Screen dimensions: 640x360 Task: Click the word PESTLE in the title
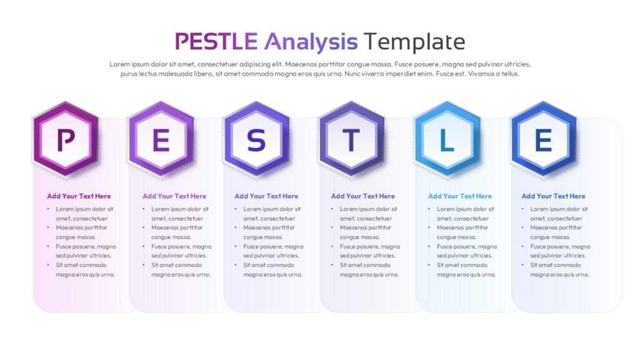(x=216, y=41)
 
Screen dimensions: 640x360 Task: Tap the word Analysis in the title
(x=311, y=42)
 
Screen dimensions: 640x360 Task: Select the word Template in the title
(x=414, y=42)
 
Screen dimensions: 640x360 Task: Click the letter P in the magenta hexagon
(x=66, y=140)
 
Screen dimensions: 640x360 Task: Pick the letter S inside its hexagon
(x=256, y=140)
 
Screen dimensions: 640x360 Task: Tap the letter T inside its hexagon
(x=351, y=140)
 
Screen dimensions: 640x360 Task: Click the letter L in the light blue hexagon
(x=447, y=140)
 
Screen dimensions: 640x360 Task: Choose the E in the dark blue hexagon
(x=543, y=140)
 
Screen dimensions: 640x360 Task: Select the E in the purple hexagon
(x=161, y=140)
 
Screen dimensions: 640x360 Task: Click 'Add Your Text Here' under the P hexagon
(x=79, y=196)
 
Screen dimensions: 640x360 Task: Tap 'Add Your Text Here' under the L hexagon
(x=460, y=196)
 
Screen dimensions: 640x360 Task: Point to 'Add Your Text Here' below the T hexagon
(x=363, y=196)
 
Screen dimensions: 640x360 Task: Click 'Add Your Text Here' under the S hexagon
(x=266, y=196)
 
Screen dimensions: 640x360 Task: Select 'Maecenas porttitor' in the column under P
(x=82, y=227)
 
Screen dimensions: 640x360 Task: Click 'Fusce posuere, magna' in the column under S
(x=274, y=246)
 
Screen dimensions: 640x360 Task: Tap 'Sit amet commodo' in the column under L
(x=462, y=265)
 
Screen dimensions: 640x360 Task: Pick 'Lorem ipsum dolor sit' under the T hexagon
(x=369, y=209)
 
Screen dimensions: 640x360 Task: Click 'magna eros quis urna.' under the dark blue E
(x=560, y=275)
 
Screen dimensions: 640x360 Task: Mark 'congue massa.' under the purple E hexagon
(x=171, y=237)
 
